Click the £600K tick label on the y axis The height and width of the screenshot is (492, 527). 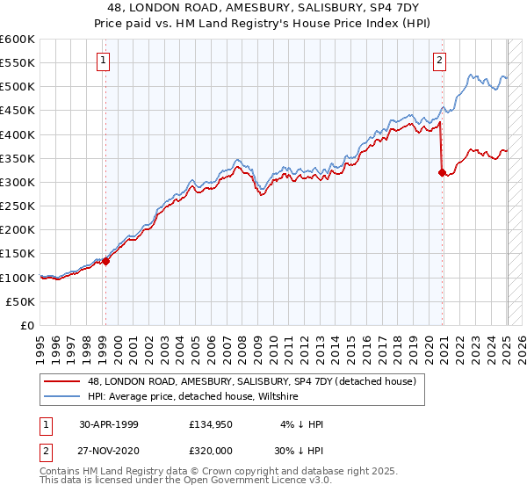pyautogui.click(x=18, y=40)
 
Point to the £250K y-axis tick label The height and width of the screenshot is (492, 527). pyautogui.click(x=18, y=206)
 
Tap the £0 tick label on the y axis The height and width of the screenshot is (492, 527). pyautogui.click(x=28, y=325)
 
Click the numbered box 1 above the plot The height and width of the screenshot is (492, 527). pyautogui.click(x=105, y=61)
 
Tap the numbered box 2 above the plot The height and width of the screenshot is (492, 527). pyautogui.click(x=438, y=61)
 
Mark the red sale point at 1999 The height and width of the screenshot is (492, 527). pyautogui.click(x=105, y=261)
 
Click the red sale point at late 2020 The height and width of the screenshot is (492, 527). pyautogui.click(x=442, y=173)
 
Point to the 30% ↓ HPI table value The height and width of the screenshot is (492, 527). pyautogui.click(x=300, y=449)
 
